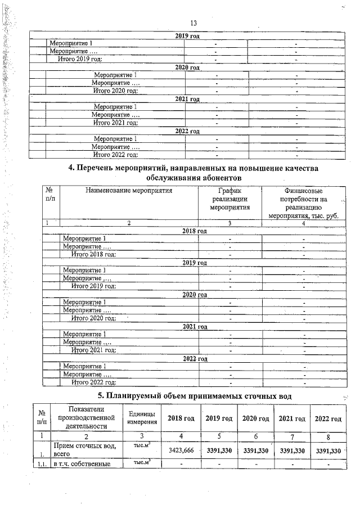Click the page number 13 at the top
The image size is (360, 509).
194,23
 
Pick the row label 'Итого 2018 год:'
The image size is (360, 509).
94,255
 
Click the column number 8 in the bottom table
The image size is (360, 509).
328,435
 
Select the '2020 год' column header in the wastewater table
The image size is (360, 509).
255,418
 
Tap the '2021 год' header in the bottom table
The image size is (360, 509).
291,418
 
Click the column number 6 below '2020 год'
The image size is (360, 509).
255,435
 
